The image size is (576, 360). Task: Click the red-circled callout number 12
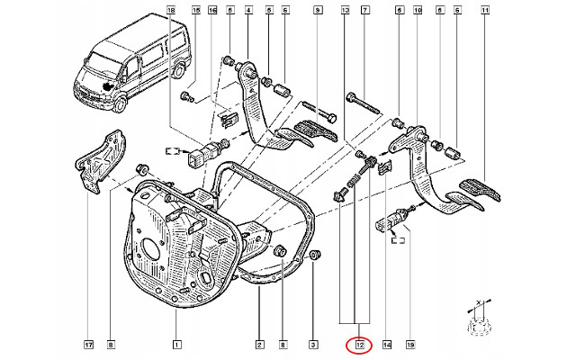tap(359, 344)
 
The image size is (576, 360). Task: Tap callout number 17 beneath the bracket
tap(87, 344)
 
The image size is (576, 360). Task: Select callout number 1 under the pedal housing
tap(176, 344)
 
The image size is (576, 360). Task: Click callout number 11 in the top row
tap(485, 10)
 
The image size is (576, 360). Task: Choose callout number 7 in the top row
tap(364, 10)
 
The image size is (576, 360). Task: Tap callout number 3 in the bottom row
tap(312, 344)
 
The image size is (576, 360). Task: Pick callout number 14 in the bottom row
tap(388, 344)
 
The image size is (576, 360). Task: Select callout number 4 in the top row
tap(247, 10)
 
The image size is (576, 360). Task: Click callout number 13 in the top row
tap(346, 10)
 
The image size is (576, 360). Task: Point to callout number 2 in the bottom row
tap(258, 344)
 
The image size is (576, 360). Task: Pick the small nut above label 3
tap(314, 259)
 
